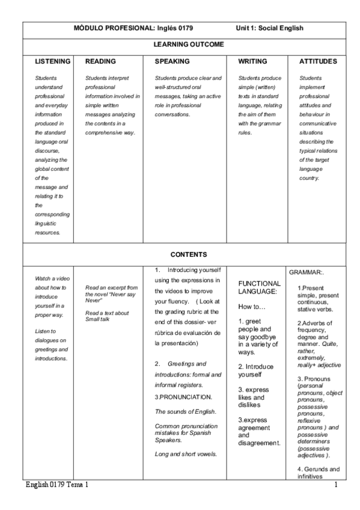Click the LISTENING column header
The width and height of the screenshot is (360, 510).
[53, 61]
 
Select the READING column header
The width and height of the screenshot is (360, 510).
[100, 61]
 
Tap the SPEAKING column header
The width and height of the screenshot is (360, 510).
[172, 61]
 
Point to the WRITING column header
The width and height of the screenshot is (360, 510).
[252, 61]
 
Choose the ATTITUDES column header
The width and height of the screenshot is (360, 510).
[318, 61]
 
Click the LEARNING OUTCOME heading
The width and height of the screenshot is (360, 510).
[189, 45]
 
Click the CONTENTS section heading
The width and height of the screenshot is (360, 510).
[189, 254]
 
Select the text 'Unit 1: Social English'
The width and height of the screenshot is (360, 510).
[269, 28]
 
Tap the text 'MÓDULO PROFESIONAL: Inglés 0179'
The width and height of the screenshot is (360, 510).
[133, 28]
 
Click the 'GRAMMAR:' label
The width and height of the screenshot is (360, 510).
[308, 272]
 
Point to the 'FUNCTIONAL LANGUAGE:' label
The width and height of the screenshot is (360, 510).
[259, 287]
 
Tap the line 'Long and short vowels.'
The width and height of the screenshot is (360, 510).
[185, 453]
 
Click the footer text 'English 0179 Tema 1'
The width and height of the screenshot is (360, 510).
[59, 485]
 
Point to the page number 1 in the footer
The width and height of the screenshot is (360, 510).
[335, 485]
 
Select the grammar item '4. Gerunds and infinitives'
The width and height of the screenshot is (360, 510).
[319, 473]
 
